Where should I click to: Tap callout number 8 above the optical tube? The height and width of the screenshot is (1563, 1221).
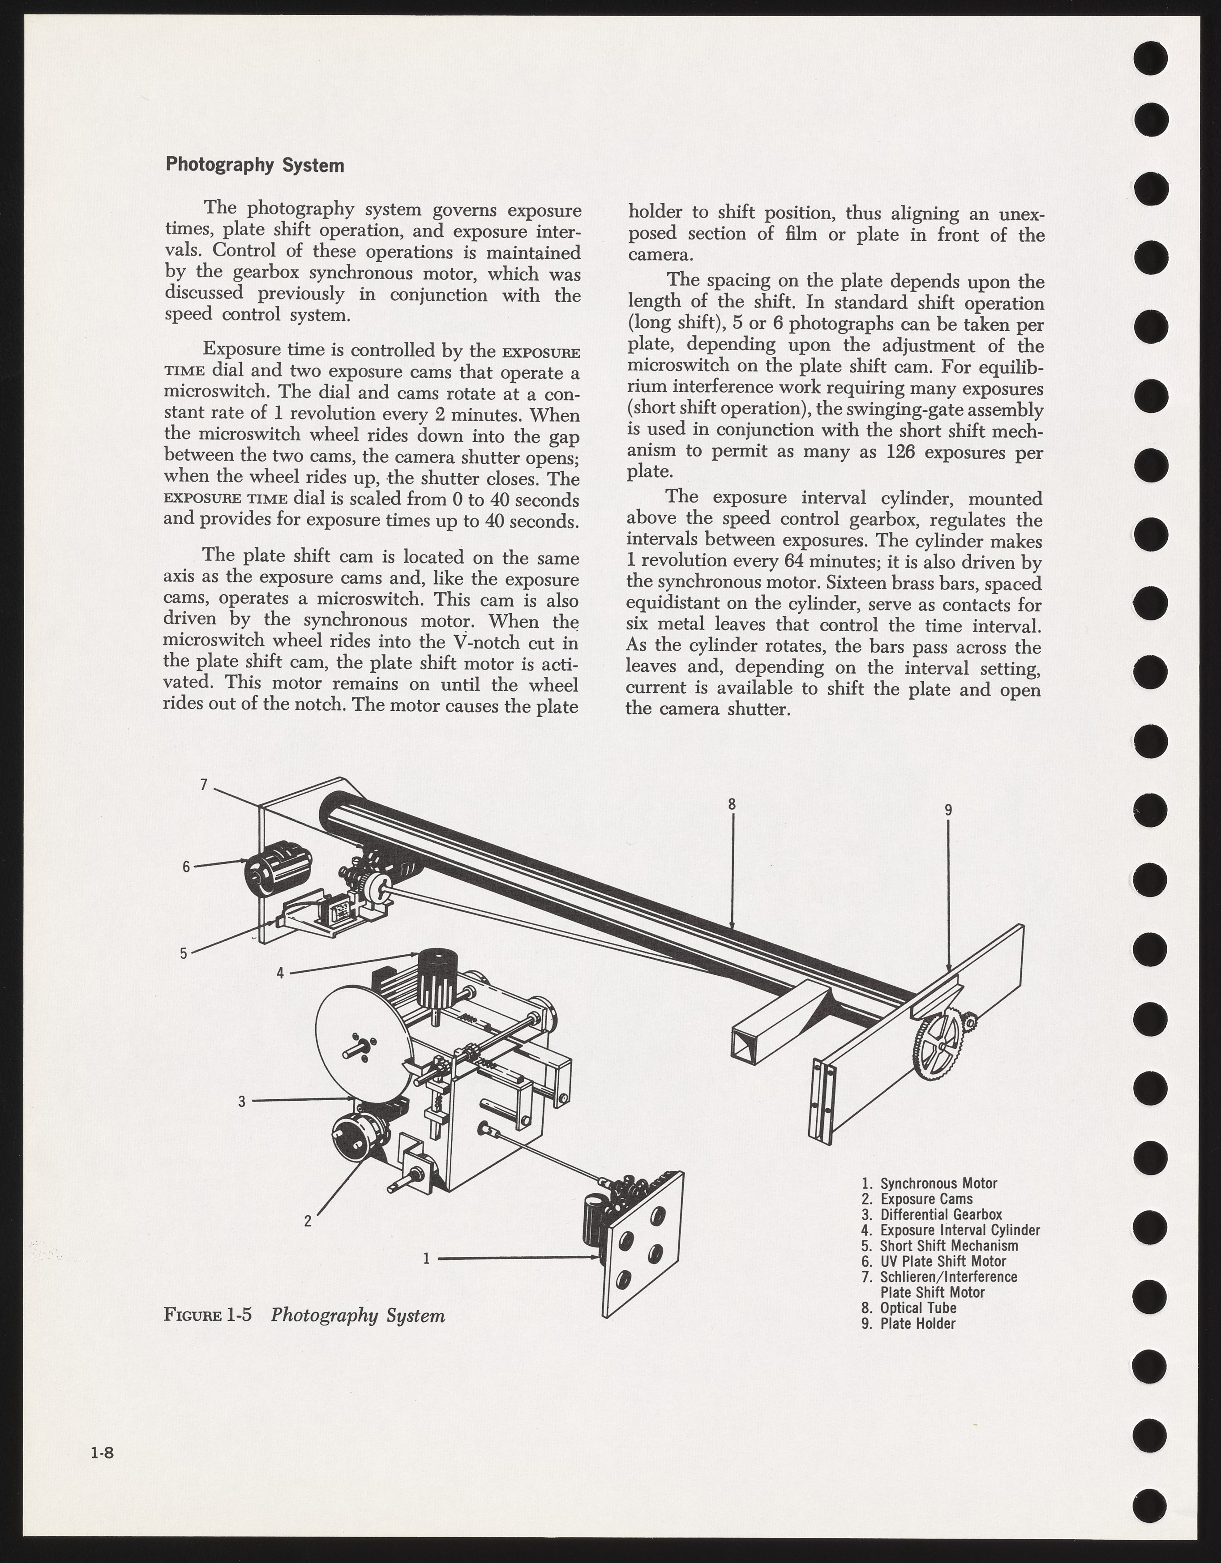(x=732, y=804)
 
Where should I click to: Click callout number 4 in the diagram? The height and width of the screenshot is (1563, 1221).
(x=281, y=973)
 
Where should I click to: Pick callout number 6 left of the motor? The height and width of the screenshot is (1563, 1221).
(x=186, y=867)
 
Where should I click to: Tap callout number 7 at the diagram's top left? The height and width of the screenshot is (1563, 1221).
(x=203, y=785)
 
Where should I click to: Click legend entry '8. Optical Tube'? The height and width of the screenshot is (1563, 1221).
(x=909, y=1307)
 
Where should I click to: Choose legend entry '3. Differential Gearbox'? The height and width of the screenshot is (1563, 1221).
(x=931, y=1214)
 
